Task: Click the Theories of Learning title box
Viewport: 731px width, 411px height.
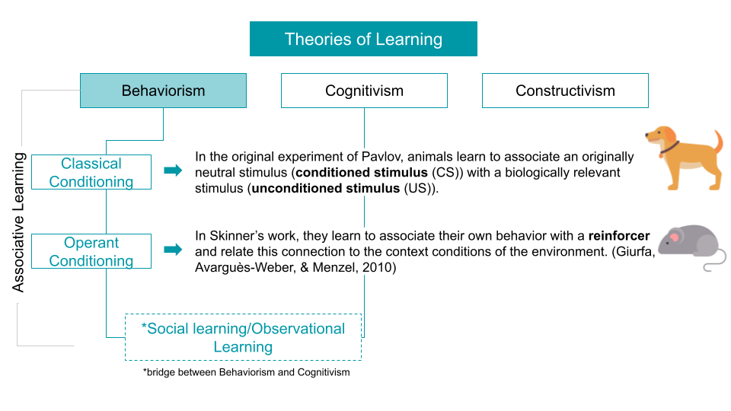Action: (363, 39)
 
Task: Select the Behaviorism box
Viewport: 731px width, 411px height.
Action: (163, 91)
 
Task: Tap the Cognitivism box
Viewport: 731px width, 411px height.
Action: (364, 91)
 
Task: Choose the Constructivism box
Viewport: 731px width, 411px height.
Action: (565, 91)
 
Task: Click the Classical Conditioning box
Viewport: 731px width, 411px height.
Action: (91, 172)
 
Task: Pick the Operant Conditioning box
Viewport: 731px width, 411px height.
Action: (91, 251)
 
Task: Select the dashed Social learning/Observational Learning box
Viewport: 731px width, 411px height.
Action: (244, 337)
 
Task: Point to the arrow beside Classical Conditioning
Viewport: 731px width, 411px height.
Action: (173, 170)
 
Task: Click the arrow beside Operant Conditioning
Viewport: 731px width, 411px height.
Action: (173, 250)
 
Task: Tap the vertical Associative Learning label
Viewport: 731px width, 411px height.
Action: (18, 222)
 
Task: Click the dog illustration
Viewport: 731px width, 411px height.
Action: (684, 158)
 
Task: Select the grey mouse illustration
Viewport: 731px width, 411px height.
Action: (692, 247)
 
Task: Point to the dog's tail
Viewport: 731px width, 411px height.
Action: (718, 141)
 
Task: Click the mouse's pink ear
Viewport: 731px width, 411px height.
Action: (674, 238)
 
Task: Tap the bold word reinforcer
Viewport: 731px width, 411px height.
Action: (618, 236)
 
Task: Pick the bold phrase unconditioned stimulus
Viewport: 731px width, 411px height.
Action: (326, 188)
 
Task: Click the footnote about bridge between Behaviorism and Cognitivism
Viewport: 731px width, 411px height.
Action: (246, 372)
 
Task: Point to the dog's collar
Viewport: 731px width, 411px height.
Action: (669, 148)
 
